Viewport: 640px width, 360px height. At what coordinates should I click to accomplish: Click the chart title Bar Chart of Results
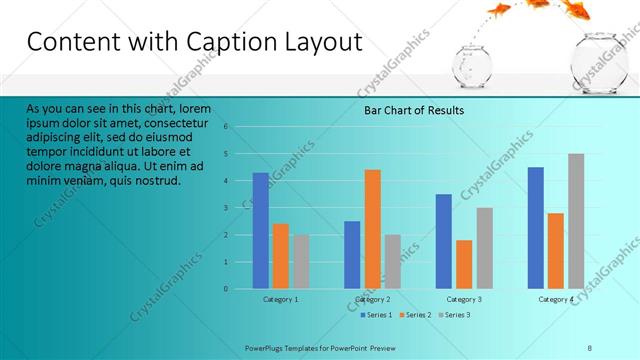click(413, 110)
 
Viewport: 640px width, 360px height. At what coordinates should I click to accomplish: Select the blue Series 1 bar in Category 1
click(260, 231)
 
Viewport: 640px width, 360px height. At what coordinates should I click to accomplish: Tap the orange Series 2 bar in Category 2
click(372, 229)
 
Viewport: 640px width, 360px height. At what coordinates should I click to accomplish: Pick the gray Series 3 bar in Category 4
click(576, 221)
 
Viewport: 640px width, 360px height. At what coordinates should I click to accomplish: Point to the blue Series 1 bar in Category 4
click(535, 228)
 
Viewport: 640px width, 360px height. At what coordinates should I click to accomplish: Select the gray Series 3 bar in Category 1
click(301, 262)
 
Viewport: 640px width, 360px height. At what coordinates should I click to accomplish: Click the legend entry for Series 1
click(375, 315)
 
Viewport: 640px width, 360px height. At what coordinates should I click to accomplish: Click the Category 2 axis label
click(372, 300)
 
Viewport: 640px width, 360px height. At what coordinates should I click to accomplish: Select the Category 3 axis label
click(464, 300)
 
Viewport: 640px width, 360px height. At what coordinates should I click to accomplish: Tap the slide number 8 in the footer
click(590, 347)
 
